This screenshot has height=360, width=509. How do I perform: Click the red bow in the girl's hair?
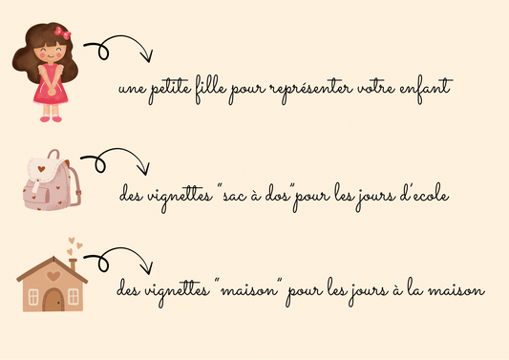coord(63,33)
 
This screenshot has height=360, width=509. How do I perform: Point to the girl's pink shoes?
coord(51,119)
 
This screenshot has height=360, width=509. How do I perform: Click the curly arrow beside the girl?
coord(118,47)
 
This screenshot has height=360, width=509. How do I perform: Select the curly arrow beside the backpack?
coord(116,160)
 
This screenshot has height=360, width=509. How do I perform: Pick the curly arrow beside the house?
coord(118,259)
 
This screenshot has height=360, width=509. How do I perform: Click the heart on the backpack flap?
coord(41,169)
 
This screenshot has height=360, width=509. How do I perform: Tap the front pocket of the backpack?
coord(36,197)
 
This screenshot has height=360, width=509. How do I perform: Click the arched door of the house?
coord(53,300)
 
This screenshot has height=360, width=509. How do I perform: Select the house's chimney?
coord(73,265)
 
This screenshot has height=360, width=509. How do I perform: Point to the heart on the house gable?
coord(53,276)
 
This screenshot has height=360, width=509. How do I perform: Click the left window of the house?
coord(33,297)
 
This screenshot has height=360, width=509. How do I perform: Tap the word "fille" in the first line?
coord(211,89)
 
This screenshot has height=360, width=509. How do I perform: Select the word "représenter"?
coord(311,89)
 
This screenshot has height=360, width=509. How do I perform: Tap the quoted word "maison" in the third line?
coord(249,290)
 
